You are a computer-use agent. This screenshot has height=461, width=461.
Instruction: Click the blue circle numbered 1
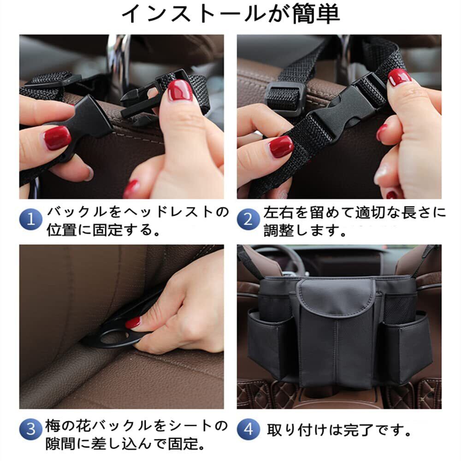tap(31, 219)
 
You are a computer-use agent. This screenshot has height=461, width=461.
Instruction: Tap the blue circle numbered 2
tap(248, 219)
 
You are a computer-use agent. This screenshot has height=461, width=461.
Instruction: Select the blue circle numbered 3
tap(31, 429)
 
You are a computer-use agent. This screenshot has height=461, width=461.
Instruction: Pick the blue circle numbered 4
tap(248, 429)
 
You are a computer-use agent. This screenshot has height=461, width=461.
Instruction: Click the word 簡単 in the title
tap(316, 14)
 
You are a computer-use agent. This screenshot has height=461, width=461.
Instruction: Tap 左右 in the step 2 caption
tap(278, 212)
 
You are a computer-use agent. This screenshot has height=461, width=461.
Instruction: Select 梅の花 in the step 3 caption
tap(67, 426)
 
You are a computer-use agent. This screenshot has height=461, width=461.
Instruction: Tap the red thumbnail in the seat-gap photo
tap(133, 323)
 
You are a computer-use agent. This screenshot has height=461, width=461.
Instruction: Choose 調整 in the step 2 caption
tap(278, 230)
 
